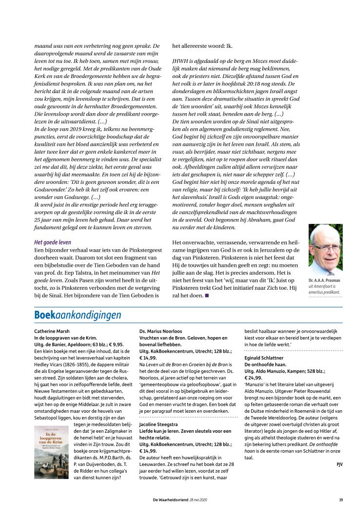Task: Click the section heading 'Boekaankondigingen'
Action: tap(78, 315)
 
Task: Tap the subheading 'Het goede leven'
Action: tap(53, 242)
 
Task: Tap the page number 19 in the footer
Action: tap(340, 499)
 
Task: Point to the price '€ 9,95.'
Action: tap(114, 344)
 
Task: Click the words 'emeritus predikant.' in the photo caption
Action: tap(324, 292)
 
